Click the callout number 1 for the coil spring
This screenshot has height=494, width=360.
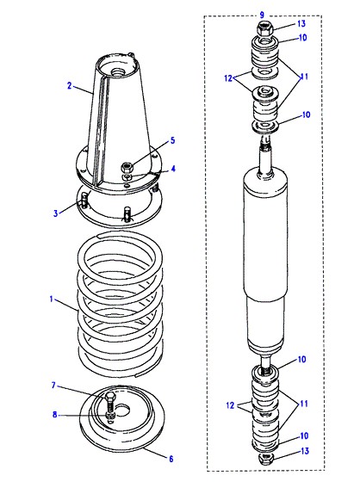tap(51, 299)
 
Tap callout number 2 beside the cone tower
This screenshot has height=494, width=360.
tap(70, 85)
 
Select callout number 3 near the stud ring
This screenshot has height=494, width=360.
tap(56, 213)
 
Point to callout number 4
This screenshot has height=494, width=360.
tap(173, 169)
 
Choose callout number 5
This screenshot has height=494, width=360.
tap(173, 140)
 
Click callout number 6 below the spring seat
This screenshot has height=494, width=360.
tap(171, 459)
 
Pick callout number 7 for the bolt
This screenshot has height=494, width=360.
tap(53, 386)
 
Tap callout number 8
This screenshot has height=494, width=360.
tap(55, 415)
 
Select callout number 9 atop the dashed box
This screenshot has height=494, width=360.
tap(262, 15)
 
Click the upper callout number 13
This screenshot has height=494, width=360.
tap(301, 23)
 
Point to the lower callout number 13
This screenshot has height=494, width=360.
tap(305, 451)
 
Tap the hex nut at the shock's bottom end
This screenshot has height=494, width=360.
tap(266, 458)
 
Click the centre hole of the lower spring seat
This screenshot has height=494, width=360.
tap(122, 411)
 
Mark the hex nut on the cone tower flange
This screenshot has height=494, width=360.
tap(127, 166)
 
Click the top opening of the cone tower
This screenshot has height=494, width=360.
tap(117, 65)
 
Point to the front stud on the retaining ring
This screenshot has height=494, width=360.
tap(127, 213)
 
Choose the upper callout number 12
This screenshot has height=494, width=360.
tap(228, 77)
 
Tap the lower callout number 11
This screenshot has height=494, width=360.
tap(304, 404)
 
